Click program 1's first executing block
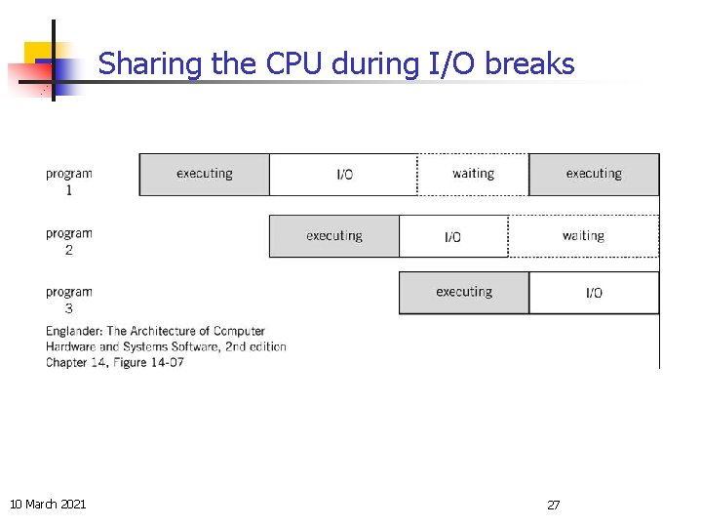(204, 175)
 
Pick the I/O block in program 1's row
(344, 175)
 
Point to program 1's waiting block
(473, 175)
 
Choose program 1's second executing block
(594, 175)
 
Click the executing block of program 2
(333, 236)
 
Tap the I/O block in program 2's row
(453, 236)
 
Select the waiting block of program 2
(583, 236)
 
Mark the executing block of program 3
(464, 293)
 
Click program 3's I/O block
(594, 293)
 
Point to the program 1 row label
(68, 182)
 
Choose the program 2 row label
(68, 241)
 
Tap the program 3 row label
(68, 300)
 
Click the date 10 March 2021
(48, 504)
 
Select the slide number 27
(553, 505)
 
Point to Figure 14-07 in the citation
(148, 363)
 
